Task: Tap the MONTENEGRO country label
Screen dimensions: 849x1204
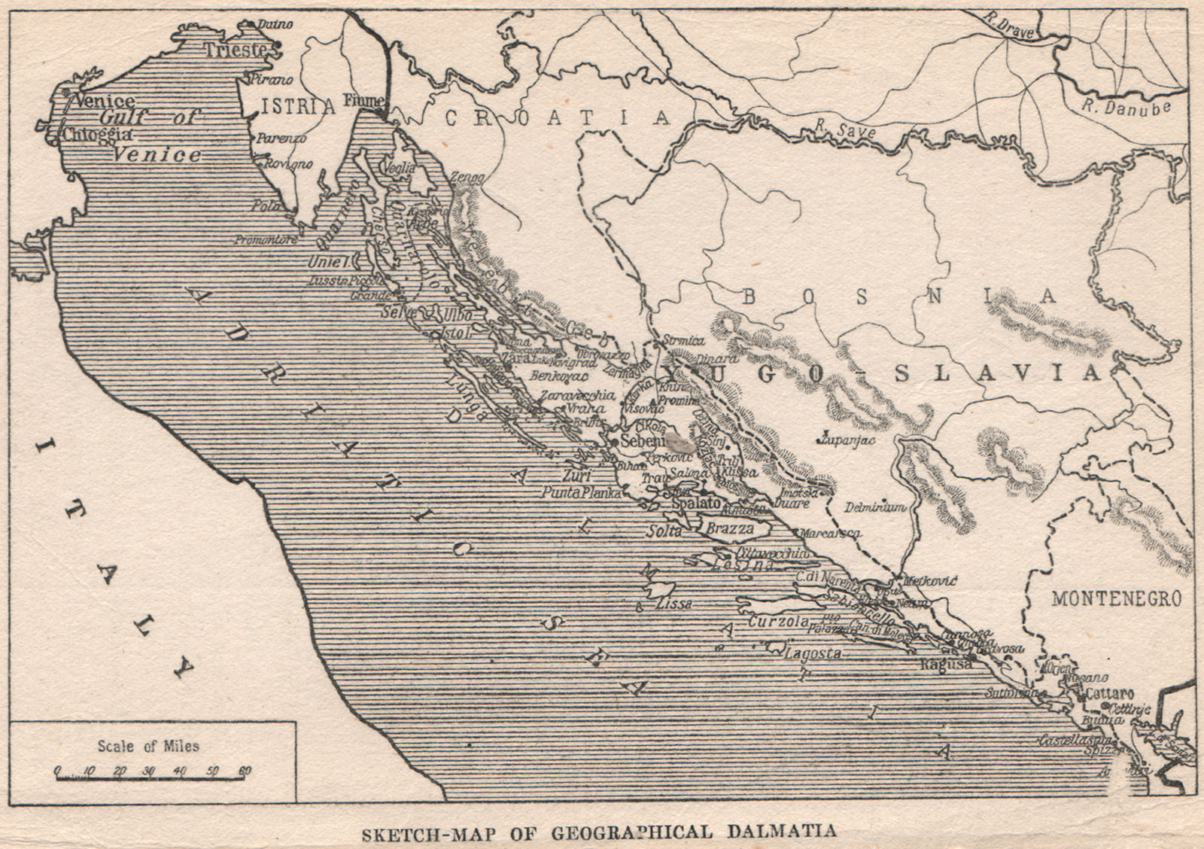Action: (x=1117, y=599)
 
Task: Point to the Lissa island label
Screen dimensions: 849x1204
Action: (x=673, y=604)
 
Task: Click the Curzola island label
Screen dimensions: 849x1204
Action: (x=777, y=622)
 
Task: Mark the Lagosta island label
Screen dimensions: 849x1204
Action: (x=813, y=654)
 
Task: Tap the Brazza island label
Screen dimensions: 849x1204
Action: (x=728, y=529)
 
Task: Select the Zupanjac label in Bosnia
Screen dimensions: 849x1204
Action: (x=849, y=440)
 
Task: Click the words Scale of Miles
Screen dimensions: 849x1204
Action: (x=148, y=746)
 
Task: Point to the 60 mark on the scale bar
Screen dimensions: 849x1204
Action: (x=243, y=771)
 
